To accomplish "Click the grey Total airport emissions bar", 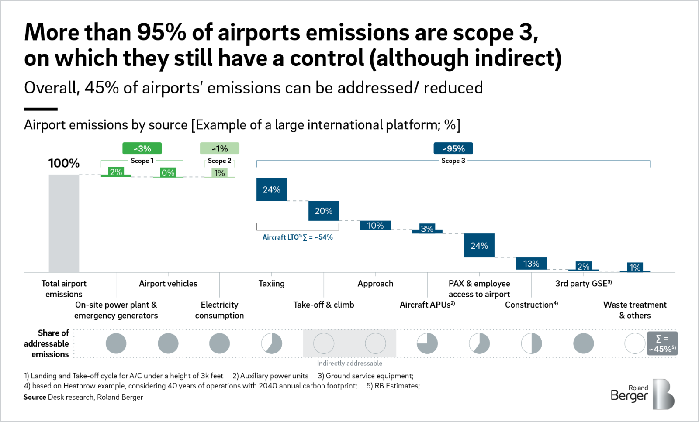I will click(64, 223).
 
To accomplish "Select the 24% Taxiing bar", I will click(271, 189).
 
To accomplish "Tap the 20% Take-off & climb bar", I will click(323, 211).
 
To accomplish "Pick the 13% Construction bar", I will click(531, 263).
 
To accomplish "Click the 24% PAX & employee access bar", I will click(479, 246).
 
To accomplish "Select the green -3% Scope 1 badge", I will click(142, 148).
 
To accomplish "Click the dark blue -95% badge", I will click(453, 148).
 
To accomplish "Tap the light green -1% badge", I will click(219, 148).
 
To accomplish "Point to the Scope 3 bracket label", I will click(453, 161).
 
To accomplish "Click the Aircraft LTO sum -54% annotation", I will click(298, 237).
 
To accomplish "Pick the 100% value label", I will click(64, 163).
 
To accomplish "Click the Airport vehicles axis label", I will click(168, 284).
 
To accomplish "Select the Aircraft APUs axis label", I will click(427, 305).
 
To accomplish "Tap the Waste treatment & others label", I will click(635, 310).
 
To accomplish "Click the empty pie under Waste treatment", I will click(635, 343).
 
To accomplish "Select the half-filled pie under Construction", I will click(531, 343).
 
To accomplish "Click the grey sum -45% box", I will click(662, 343).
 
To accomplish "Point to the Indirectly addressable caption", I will click(349, 363).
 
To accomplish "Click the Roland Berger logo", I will click(642, 394).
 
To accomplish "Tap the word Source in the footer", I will click(35, 397).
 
